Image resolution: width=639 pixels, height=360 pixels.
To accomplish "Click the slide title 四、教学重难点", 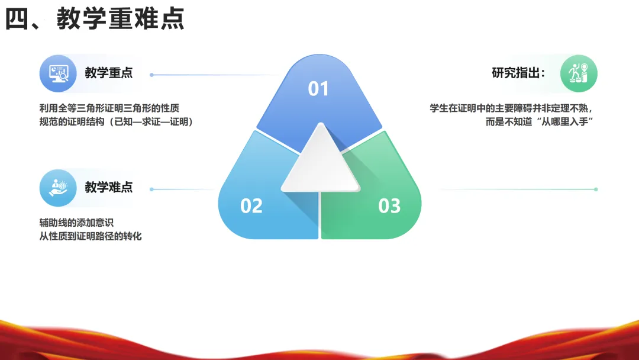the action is click(95, 19).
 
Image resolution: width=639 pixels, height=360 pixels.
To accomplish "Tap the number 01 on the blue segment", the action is click(318, 89).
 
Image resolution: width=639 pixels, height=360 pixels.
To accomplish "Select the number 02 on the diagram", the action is click(251, 206).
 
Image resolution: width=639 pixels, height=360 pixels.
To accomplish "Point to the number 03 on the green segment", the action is click(389, 206).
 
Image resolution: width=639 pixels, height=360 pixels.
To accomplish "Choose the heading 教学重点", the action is click(109, 73).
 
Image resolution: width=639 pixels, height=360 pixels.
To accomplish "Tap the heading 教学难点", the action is click(109, 187).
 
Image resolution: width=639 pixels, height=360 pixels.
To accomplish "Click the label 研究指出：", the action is click(518, 73).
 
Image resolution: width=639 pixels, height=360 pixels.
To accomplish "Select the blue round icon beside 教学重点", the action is click(58, 73).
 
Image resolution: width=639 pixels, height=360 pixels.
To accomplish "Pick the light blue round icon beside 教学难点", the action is click(58, 188).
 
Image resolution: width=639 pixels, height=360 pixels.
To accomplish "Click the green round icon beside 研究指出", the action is click(579, 73).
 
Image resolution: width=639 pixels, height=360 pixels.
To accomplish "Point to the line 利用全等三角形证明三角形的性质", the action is click(109, 108).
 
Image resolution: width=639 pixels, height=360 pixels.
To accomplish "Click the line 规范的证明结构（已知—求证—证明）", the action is click(116, 121).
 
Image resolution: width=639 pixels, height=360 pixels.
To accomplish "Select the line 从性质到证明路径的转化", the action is click(91, 236).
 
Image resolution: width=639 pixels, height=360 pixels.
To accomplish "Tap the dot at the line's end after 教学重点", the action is click(152, 75).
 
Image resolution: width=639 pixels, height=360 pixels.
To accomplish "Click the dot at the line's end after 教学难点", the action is click(152, 189).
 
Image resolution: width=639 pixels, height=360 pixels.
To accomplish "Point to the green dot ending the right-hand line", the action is click(596, 189).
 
